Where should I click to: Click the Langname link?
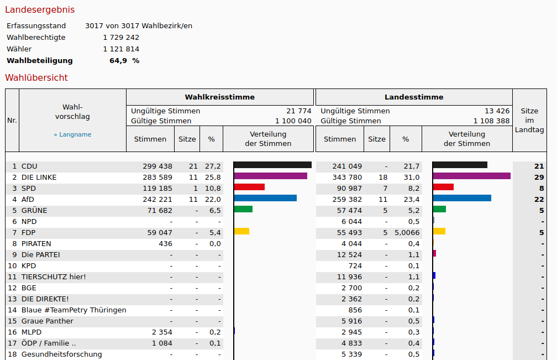pyautogui.click(x=72, y=134)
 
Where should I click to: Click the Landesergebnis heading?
pyautogui.click(x=40, y=10)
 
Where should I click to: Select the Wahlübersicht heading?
pyautogui.click(x=36, y=77)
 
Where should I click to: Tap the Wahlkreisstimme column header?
pyautogui.click(x=219, y=97)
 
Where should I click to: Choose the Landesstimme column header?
pyautogui.click(x=414, y=97)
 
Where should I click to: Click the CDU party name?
pyautogui.click(x=29, y=166)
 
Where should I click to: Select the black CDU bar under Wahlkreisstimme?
pyautogui.click(x=272, y=165)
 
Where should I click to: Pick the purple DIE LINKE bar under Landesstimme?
pyautogui.click(x=471, y=176)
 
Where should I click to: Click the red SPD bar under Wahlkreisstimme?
pyautogui.click(x=249, y=187)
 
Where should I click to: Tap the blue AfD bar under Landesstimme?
pyautogui.click(x=462, y=198)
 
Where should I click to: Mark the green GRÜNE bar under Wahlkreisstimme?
pyautogui.click(x=243, y=209)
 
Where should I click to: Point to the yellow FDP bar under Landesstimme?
pyautogui.click(x=439, y=231)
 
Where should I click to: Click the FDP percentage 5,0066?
pyautogui.click(x=407, y=232)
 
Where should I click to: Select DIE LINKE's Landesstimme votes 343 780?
pyautogui.click(x=347, y=177)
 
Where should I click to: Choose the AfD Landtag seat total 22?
pyautogui.click(x=539, y=199)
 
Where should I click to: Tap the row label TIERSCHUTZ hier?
pyautogui.click(x=54, y=276)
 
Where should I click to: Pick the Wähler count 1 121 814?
pyautogui.click(x=121, y=49)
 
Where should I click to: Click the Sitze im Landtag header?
pyautogui.click(x=529, y=120)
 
